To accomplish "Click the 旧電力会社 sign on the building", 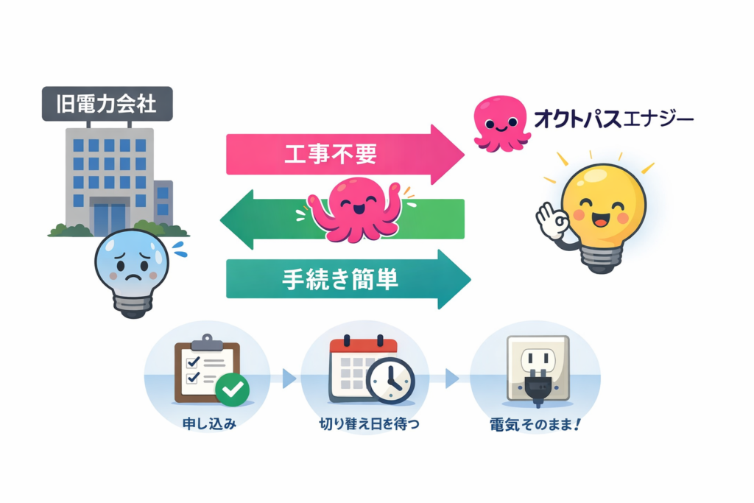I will [x=108, y=103].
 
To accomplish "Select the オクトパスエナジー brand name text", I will [x=611, y=119].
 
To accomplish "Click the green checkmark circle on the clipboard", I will [x=232, y=389].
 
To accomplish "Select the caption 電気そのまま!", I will [x=534, y=425].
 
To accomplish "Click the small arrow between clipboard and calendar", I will [x=289, y=378].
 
